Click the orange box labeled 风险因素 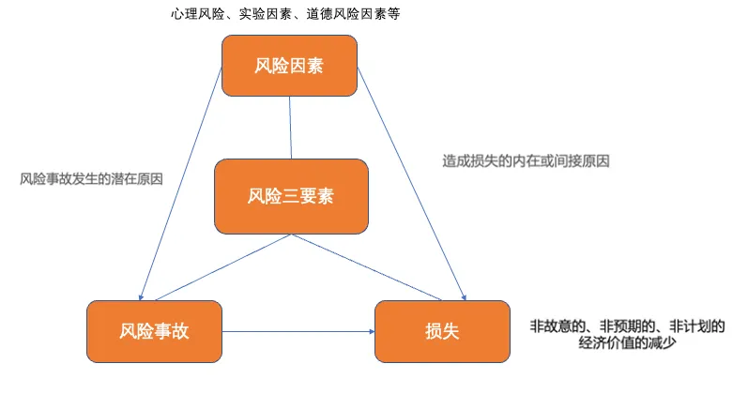click(289, 65)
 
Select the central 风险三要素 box click(290, 196)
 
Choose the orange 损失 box click(442, 330)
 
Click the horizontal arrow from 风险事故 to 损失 click(298, 331)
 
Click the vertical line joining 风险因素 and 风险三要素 click(290, 127)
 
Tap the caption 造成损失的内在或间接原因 click(527, 160)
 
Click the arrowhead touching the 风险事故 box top click(142, 295)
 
